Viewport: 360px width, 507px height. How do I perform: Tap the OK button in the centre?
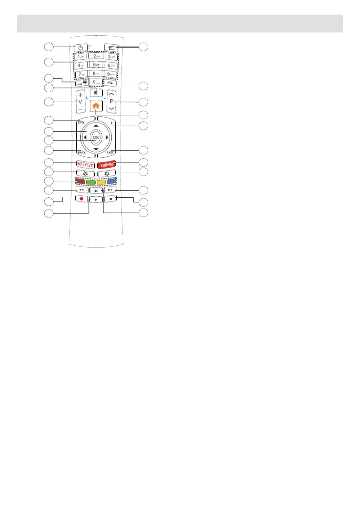(x=96, y=137)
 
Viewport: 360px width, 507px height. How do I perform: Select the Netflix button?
(x=84, y=164)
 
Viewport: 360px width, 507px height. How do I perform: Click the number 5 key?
(x=96, y=64)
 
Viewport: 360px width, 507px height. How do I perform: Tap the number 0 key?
(x=96, y=81)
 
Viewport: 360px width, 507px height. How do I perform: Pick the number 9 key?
(x=111, y=73)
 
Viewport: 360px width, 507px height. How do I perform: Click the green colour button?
(x=90, y=182)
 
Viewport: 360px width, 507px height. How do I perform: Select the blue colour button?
(x=112, y=182)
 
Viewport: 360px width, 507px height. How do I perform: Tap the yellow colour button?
(x=101, y=182)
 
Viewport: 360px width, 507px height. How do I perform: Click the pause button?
(x=96, y=192)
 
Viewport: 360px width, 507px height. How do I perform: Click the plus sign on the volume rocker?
(x=80, y=95)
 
